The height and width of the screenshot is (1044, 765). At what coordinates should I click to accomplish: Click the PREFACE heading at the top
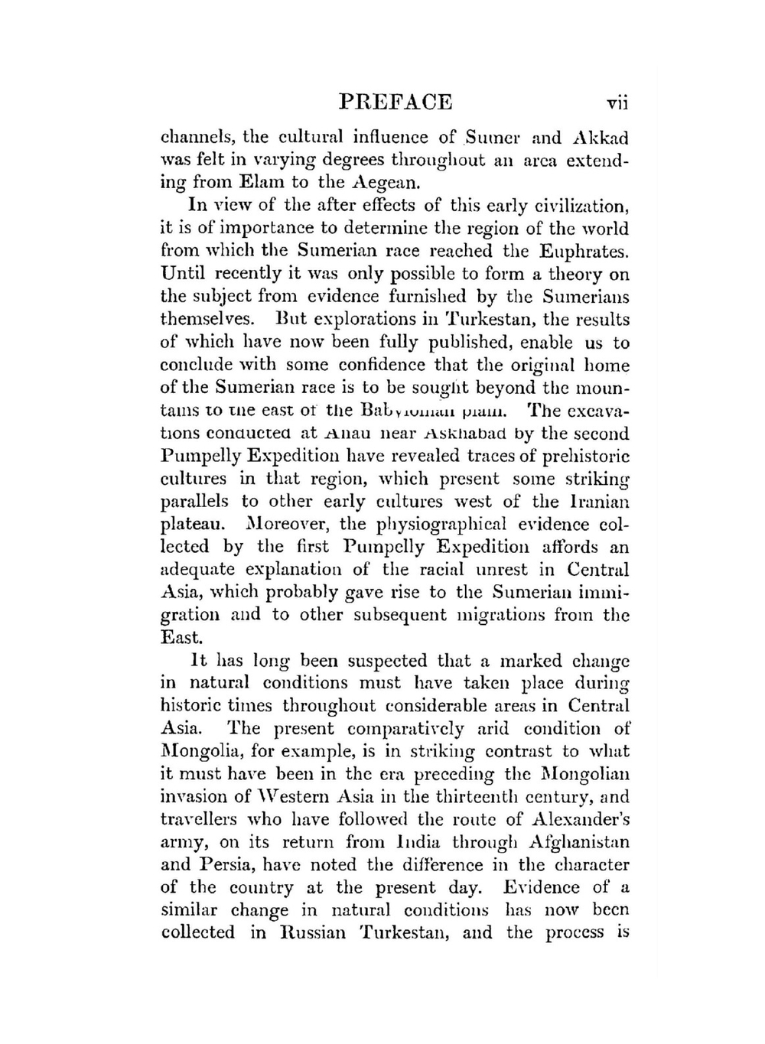tap(395, 102)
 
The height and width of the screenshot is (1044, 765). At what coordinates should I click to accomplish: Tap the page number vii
tap(616, 102)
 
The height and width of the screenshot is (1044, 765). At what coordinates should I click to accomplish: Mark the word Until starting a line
tap(184, 274)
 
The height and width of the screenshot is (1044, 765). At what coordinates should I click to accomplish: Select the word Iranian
tap(598, 502)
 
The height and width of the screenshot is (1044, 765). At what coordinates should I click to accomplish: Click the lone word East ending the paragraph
tap(181, 637)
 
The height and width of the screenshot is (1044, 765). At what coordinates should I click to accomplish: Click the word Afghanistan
tap(579, 842)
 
